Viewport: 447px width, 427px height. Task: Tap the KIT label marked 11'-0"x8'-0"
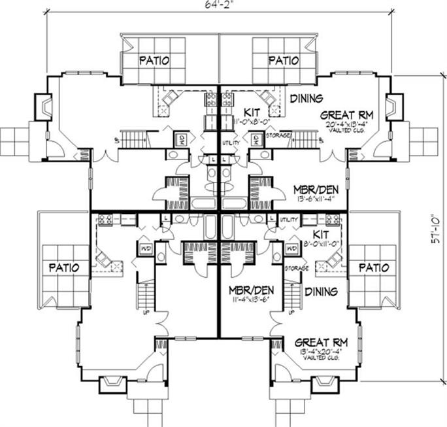[x=252, y=112]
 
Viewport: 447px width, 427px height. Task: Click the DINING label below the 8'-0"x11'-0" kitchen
[x=320, y=292]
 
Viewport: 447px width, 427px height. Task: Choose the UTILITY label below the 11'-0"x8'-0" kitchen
[x=232, y=142]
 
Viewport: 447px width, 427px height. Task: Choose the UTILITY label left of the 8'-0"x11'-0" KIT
[x=288, y=221]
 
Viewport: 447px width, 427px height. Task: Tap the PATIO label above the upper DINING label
[x=284, y=61]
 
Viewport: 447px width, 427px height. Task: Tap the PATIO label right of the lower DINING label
[x=373, y=267]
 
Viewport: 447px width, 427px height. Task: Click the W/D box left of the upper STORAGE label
[x=256, y=139]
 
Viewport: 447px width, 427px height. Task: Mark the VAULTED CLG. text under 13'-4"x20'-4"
[x=320, y=359]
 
